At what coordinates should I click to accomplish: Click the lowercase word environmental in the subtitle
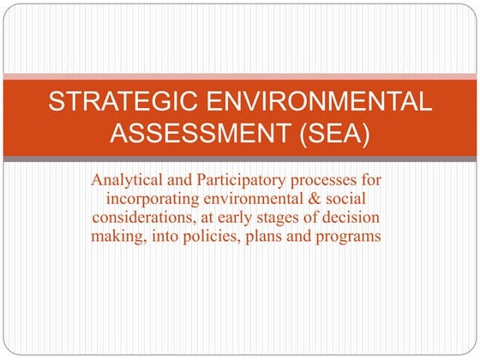coord(263,199)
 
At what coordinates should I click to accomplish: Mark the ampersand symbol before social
coord(330,199)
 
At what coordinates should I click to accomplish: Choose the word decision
coord(353,218)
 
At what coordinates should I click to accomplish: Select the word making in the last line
coord(117,236)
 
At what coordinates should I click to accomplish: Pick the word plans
coord(266,236)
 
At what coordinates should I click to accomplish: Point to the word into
coord(161,236)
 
